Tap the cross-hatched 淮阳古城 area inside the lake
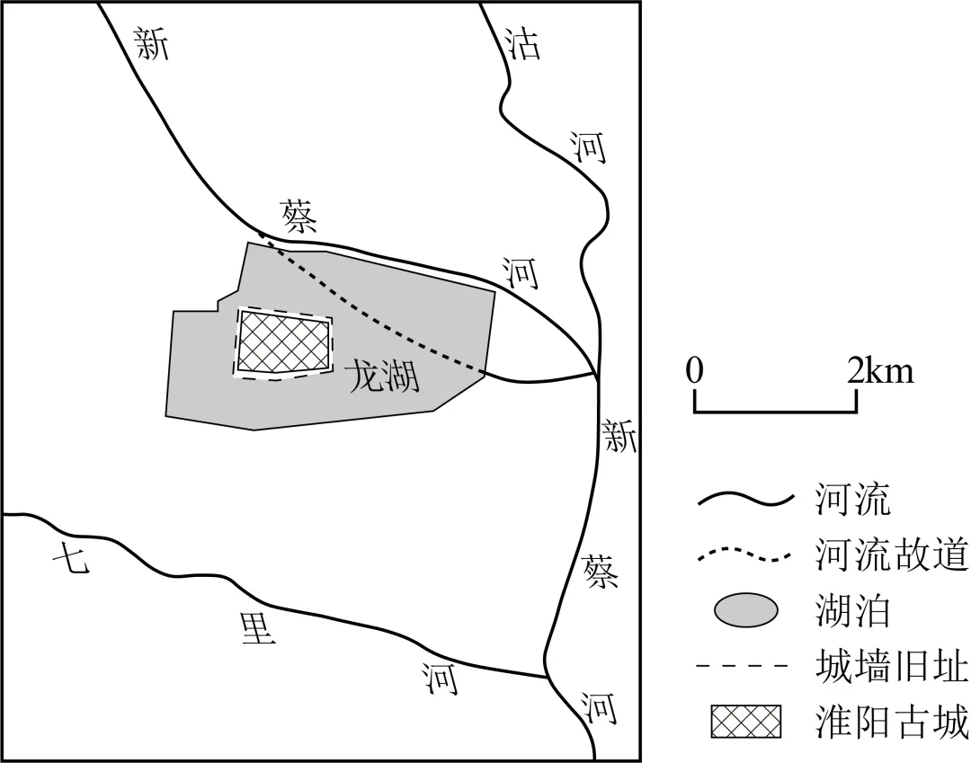[283, 342]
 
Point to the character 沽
[522, 42]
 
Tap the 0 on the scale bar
[693, 370]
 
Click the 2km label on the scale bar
[879, 370]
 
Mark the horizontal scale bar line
[774, 412]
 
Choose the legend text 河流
[852, 500]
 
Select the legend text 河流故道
[891, 555]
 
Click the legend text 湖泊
[852, 611]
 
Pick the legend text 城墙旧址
[891, 667]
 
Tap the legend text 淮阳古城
[891, 723]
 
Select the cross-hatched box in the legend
[746, 723]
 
